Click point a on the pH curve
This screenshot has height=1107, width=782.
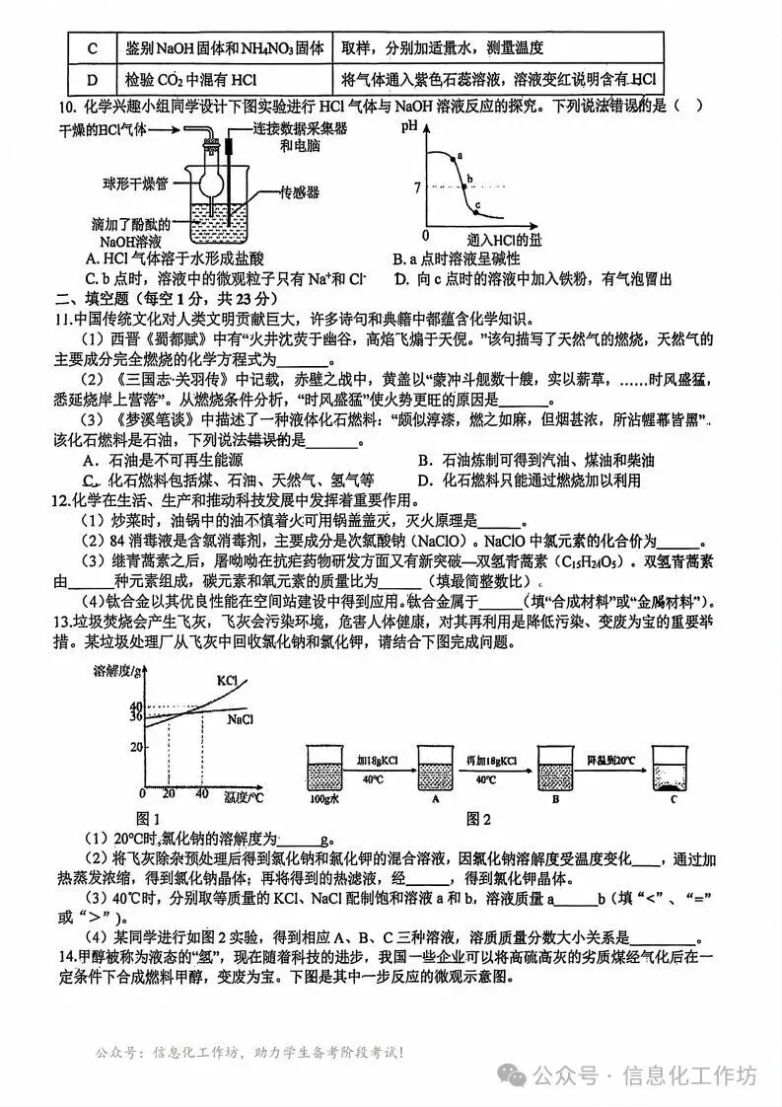pyautogui.click(x=451, y=157)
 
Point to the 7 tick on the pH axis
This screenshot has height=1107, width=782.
pyautogui.click(x=417, y=186)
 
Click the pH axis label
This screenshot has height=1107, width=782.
pyautogui.click(x=410, y=126)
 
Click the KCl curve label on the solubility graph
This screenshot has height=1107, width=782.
pyautogui.click(x=227, y=681)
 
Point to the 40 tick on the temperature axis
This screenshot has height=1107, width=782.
pyautogui.click(x=201, y=794)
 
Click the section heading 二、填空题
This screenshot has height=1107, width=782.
pyautogui.click(x=95, y=298)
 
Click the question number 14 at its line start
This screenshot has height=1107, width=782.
pyautogui.click(x=67, y=957)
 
